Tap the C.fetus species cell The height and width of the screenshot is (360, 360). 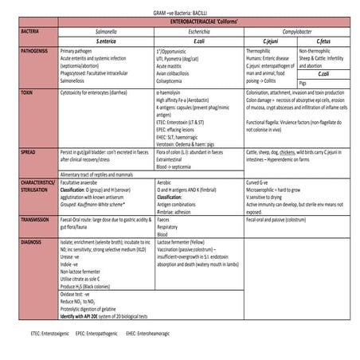[323, 39]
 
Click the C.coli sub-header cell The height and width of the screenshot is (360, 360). [323, 72]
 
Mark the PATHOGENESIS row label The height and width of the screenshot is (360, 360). [37, 49]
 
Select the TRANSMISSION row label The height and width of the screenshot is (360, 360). [38, 218]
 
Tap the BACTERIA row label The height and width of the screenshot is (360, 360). [31, 29]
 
